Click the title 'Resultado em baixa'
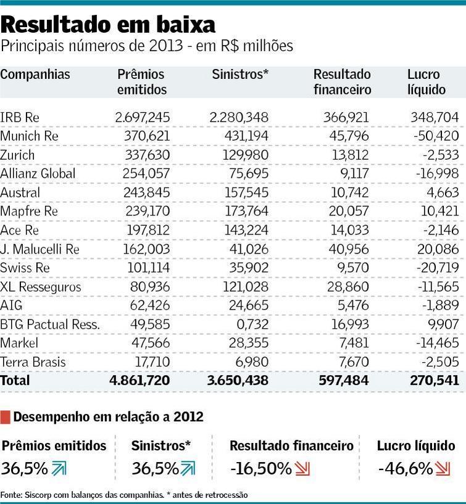pos(109,25)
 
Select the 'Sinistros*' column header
pos(240,75)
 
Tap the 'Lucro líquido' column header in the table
pos(426,82)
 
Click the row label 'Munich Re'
pos(30,136)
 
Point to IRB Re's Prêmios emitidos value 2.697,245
pos(143,117)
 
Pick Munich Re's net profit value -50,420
pos(435,136)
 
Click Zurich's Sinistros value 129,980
pos(246,155)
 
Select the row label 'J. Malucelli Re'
pos(40,249)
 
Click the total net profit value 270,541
pos(435,381)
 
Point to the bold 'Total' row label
pos(15,381)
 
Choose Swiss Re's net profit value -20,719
pos(435,268)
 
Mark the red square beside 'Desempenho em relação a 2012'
pos(6,417)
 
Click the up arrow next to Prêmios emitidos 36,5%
pos(59,469)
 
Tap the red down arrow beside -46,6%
pos(443,469)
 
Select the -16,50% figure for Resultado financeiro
pos(260,469)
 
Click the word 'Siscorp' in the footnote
pos(36,495)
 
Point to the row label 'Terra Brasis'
pos(33,362)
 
